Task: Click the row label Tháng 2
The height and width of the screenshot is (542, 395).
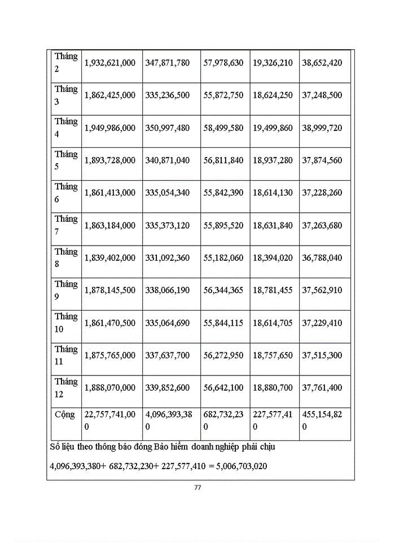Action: pos(65,63)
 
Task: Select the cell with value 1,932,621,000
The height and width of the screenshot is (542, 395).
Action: pos(109,63)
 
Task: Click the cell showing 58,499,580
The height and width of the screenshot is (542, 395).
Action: pos(223,128)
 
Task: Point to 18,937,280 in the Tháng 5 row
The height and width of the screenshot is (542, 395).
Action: pos(273,160)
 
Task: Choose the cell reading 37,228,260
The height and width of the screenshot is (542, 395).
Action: pos(322,193)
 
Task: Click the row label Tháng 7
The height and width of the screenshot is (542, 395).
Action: pos(65,225)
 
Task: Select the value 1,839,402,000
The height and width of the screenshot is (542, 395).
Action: pos(109,257)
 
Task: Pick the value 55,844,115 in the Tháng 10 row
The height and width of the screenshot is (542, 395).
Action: pos(223,323)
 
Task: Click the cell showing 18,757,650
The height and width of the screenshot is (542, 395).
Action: pos(273,355)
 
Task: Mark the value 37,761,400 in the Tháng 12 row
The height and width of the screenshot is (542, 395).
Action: pos(322,388)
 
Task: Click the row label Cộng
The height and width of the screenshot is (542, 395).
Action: pos(65,414)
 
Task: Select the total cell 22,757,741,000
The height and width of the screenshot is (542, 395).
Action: pos(109,420)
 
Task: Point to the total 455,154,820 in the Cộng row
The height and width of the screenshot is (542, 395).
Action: pos(322,420)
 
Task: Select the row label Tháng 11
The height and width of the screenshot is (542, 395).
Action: pos(65,355)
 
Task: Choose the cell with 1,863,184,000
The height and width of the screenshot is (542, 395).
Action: pos(109,225)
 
